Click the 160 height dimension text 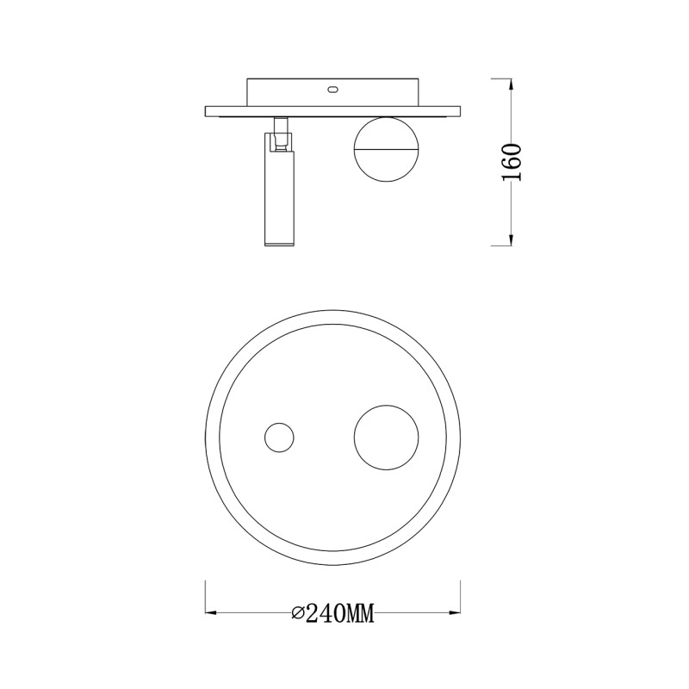(x=512, y=161)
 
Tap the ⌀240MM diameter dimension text (x=332, y=613)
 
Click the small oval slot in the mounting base (x=332, y=89)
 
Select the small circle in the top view (x=278, y=438)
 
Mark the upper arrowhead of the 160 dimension (x=512, y=84)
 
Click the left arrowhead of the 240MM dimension (x=211, y=613)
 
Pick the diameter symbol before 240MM (x=298, y=613)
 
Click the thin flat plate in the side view (x=332, y=110)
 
